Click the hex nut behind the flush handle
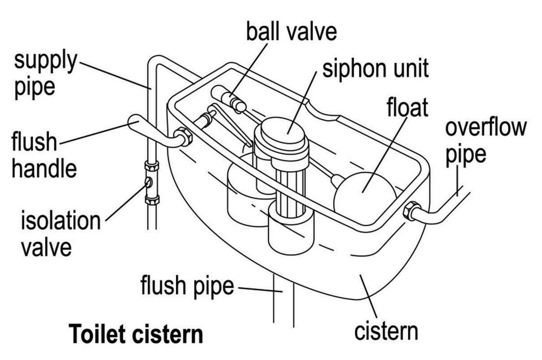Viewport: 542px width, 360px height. pyautogui.click(x=183, y=136)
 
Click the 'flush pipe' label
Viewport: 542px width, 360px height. pyautogui.click(x=187, y=286)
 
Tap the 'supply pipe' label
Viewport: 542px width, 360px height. pyautogui.click(x=45, y=74)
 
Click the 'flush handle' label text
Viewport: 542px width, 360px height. pyautogui.click(x=43, y=155)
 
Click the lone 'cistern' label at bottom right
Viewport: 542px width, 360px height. pyautogui.click(x=386, y=331)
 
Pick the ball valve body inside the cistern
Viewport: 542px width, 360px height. pyautogui.click(x=232, y=100)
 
